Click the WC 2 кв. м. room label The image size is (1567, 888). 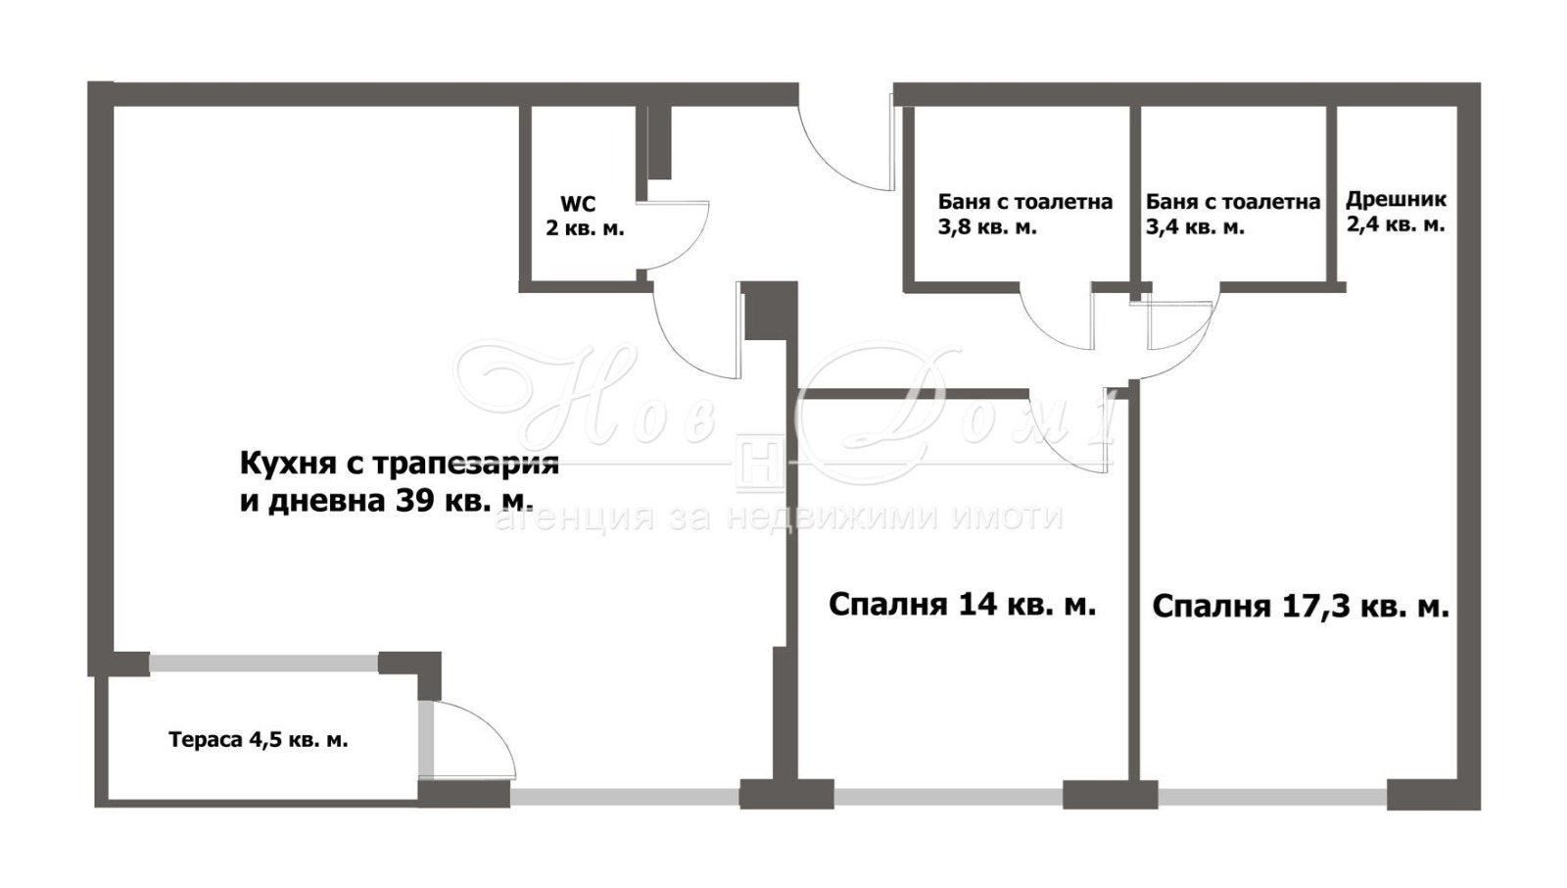point(584,217)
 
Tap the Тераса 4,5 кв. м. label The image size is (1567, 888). point(258,740)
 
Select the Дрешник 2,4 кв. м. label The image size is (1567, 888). point(1395,212)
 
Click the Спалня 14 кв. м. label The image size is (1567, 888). point(962,605)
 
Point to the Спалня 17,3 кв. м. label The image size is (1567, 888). point(1300,607)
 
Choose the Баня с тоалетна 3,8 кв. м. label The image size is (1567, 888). point(1024,215)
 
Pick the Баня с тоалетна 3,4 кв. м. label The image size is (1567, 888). point(1232,215)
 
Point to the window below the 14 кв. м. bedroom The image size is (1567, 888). point(948,797)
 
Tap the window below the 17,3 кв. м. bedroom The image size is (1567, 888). point(1271,797)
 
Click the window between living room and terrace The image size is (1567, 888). point(263,664)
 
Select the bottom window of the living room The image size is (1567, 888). point(624,797)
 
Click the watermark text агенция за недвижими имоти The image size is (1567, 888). point(779,518)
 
